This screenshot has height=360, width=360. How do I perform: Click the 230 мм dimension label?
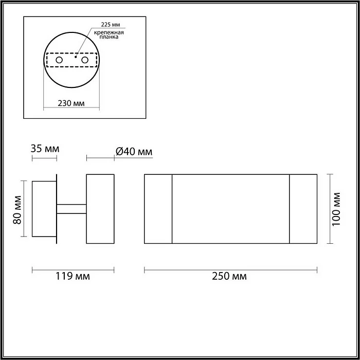pyautogui.click(x=71, y=103)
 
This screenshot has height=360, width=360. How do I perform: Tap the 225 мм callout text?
pyautogui.click(x=111, y=25)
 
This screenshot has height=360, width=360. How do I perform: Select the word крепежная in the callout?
pyautogui.click(x=109, y=32)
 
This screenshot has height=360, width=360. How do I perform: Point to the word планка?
pyautogui.click(x=109, y=37)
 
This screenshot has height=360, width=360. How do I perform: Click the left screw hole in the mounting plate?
pyautogui.click(x=59, y=60)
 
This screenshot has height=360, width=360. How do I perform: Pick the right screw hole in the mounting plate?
pyautogui.click(x=85, y=60)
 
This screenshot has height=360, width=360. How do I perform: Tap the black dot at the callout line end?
pyautogui.click(x=76, y=57)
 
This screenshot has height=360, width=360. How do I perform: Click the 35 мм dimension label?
pyautogui.click(x=45, y=149)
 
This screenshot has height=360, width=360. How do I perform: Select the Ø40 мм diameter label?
pyautogui.click(x=134, y=152)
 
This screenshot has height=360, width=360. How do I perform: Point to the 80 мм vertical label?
pyautogui.click(x=17, y=210)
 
